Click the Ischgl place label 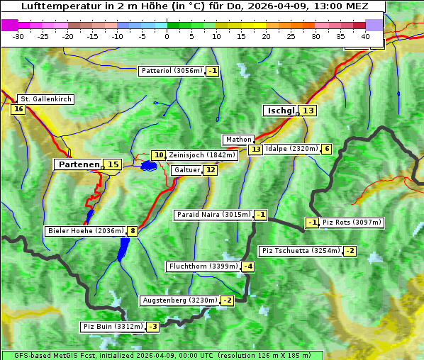point(281,111)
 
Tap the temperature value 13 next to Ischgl point(308,111)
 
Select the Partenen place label point(79,164)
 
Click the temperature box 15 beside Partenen point(113,164)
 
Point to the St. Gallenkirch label point(46,99)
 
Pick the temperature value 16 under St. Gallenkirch point(18,109)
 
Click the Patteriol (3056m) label point(172,71)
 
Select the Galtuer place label point(186,170)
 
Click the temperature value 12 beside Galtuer point(211,170)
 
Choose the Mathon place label point(238,140)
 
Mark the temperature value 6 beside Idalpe point(326,149)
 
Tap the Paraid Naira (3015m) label point(213,215)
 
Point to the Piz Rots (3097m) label point(352,223)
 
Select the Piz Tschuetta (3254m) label point(301,251)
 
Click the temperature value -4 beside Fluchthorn point(247,267)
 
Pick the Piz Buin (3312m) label point(113,327)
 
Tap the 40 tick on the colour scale point(365,35)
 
